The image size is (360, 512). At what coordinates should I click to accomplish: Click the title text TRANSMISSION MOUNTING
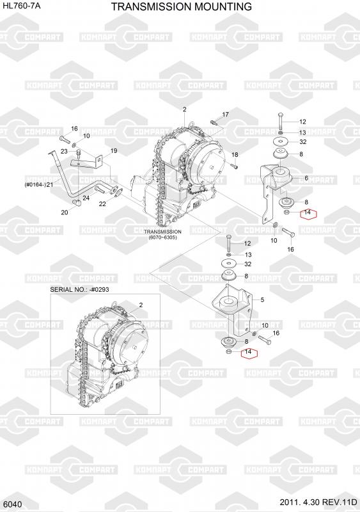[182, 6]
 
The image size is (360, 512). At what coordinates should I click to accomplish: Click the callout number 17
[226, 115]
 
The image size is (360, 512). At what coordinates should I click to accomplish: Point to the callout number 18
[235, 155]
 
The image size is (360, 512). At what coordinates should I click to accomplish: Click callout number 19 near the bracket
[114, 151]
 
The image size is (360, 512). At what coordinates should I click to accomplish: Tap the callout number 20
[65, 212]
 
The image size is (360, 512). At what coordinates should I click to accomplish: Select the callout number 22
[102, 204]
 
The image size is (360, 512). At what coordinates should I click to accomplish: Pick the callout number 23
[64, 151]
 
